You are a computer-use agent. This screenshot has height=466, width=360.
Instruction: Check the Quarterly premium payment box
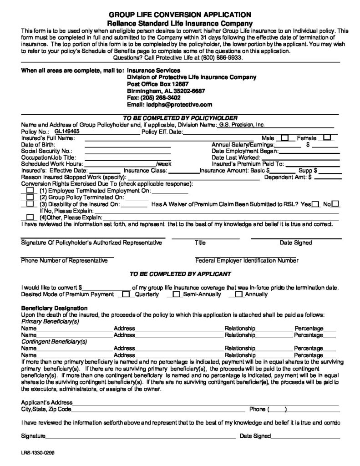tap(123, 294)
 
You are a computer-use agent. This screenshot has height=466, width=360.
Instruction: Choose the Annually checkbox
tap(238, 294)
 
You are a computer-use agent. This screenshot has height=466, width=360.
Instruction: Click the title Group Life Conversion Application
tap(180, 15)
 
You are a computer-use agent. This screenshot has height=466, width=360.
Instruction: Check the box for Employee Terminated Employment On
tap(30, 190)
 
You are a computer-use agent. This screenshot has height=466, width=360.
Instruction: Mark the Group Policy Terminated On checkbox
tap(30, 197)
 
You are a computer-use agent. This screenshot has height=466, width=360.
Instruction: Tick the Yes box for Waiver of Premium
tap(315, 204)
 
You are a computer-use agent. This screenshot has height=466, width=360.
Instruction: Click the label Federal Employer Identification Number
tap(247, 261)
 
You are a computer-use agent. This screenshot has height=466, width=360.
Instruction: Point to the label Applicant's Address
tap(47, 403)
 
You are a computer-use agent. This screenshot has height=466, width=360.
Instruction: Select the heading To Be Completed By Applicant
tap(180, 274)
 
